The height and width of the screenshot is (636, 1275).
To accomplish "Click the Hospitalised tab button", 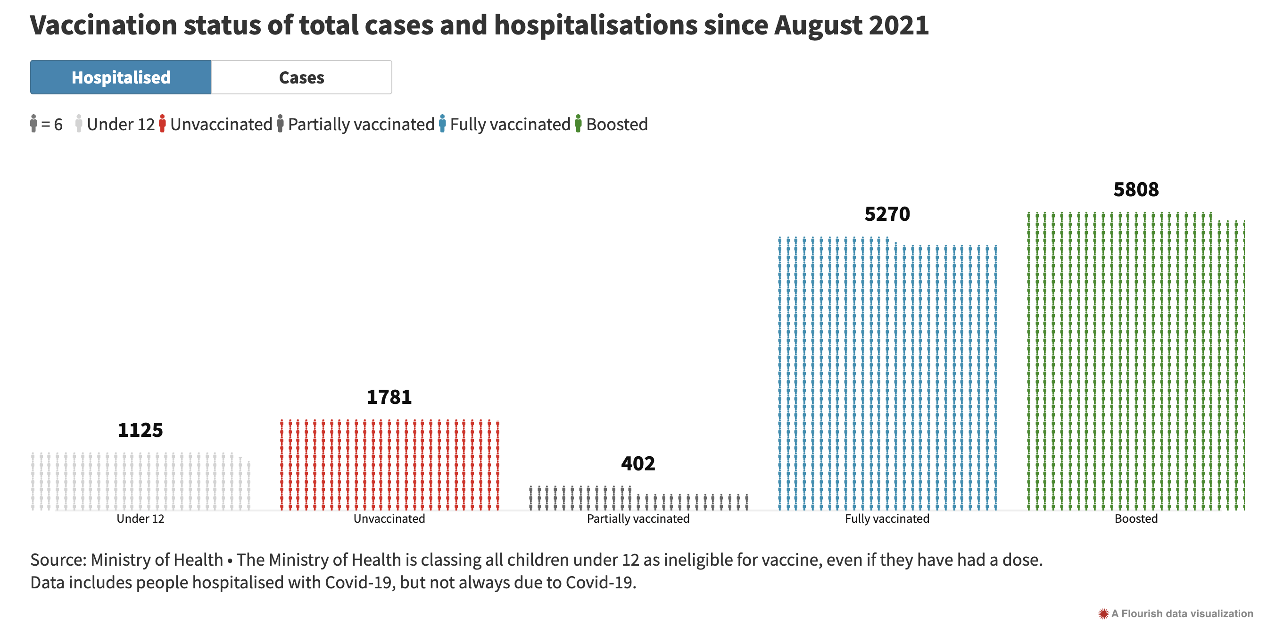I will point(121,77).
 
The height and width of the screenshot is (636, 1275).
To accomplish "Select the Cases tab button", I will point(301,77).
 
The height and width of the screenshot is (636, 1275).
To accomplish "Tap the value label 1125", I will point(140,430).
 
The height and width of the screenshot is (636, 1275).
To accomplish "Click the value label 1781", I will point(389,397).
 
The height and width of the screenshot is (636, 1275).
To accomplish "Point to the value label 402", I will point(638,464).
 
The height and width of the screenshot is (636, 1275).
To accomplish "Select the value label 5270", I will point(887,214).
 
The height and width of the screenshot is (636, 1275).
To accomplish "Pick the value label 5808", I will point(1136,190).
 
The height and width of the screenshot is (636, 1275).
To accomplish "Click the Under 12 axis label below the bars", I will point(140,519).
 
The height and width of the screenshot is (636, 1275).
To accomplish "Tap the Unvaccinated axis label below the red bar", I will point(389,519).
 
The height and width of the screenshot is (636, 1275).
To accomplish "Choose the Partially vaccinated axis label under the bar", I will point(638,519).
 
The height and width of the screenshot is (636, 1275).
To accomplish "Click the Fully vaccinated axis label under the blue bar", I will point(887,519).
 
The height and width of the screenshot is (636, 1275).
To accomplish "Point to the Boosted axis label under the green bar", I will point(1136,519).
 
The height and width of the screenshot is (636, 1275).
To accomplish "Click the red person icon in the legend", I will point(162,124).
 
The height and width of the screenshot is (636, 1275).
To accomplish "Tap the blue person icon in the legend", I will point(442,124).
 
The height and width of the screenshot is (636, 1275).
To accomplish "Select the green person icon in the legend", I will point(578,124).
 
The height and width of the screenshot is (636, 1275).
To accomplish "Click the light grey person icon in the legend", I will point(79,124).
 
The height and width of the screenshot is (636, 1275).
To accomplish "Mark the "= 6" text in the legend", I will point(51,125).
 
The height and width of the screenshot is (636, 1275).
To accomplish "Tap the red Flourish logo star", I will point(1103,614).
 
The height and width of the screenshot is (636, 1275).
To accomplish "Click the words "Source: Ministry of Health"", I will point(127,560).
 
